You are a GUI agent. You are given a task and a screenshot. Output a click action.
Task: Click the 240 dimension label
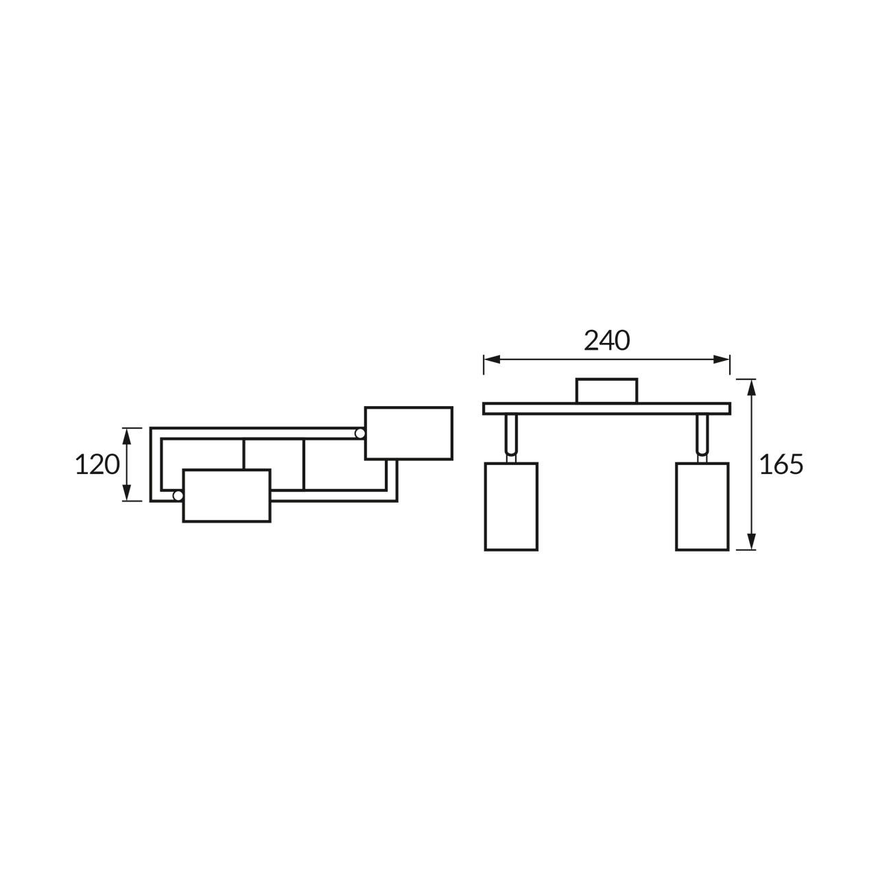(x=606, y=340)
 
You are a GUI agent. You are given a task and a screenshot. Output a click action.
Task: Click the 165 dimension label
(x=781, y=464)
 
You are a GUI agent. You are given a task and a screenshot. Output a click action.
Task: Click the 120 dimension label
(x=97, y=464)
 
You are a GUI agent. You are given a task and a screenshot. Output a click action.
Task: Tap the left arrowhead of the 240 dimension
(x=492, y=359)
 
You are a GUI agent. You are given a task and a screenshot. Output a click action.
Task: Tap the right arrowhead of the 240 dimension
(x=721, y=359)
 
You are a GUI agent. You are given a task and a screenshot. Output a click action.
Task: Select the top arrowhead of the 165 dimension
(x=751, y=388)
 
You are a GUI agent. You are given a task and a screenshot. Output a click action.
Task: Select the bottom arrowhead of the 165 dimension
(x=751, y=541)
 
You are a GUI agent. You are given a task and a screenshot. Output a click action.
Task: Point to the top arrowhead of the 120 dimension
(x=127, y=436)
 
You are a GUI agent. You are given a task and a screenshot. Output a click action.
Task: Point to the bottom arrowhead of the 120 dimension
(x=127, y=493)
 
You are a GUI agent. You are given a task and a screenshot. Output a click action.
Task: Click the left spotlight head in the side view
(x=511, y=507)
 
